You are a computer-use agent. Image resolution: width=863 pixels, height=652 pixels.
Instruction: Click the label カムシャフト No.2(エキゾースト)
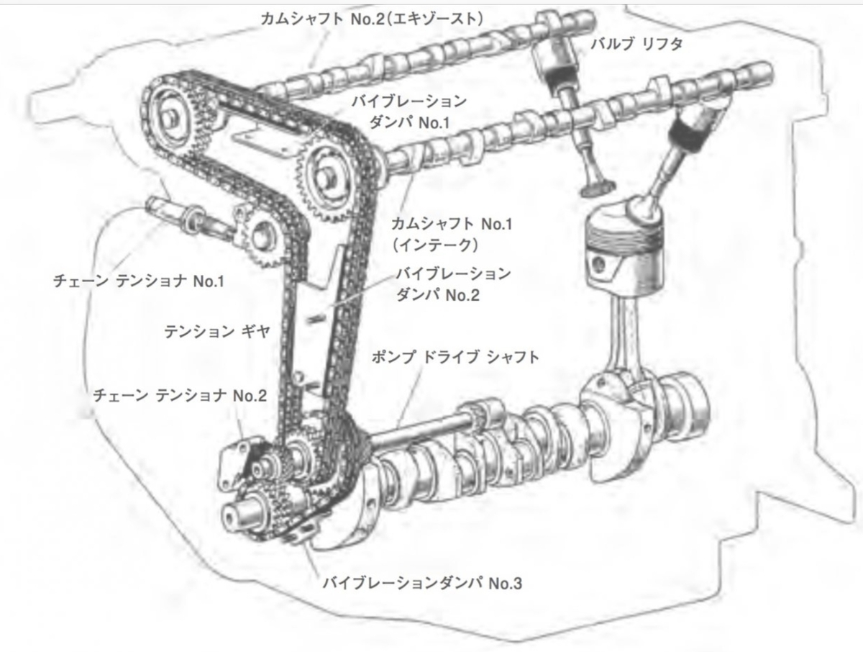tap(372, 19)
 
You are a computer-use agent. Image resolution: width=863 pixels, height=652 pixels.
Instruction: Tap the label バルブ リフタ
tap(636, 44)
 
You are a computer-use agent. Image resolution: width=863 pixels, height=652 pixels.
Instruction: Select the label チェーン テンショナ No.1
tap(138, 281)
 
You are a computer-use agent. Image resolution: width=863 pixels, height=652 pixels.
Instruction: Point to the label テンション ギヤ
tap(217, 332)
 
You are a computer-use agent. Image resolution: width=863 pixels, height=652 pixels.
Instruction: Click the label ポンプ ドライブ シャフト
tap(455, 357)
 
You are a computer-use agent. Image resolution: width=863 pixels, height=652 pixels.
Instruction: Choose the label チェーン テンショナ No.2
tap(180, 395)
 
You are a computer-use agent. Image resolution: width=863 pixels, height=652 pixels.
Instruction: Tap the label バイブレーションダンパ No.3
tap(422, 583)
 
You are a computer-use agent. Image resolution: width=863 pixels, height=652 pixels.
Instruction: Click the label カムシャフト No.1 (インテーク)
tap(452, 235)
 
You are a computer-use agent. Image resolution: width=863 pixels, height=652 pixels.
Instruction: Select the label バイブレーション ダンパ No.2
tap(453, 284)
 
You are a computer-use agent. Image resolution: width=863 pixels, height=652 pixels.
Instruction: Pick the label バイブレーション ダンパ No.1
tap(409, 112)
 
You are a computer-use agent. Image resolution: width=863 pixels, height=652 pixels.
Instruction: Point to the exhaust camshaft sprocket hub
tap(174, 119)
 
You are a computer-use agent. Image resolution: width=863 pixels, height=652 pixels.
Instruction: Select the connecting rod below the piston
tap(625, 338)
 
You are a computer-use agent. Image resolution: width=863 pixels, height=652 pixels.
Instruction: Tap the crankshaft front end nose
tap(238, 515)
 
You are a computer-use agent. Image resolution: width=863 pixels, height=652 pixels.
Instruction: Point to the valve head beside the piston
tap(598, 188)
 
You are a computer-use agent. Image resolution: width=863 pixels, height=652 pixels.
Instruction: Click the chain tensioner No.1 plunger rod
tap(188, 217)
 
